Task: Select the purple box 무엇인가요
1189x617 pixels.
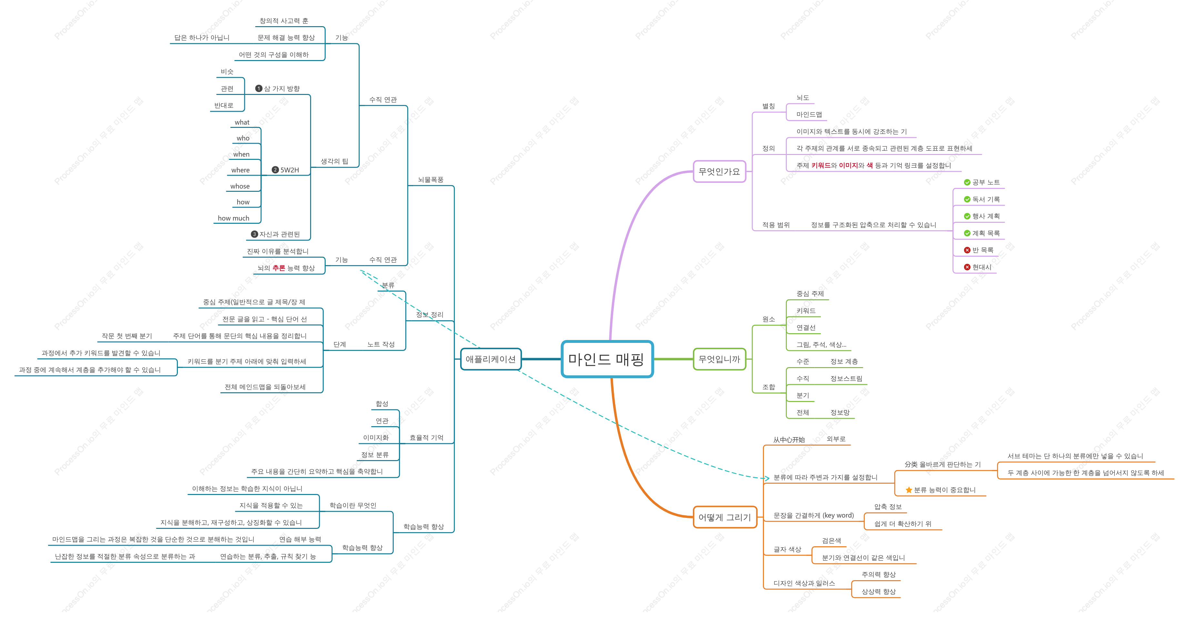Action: tap(719, 171)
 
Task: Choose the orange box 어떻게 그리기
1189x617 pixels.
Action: tap(725, 517)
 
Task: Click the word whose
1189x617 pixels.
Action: tap(240, 186)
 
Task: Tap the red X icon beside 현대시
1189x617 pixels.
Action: tap(967, 267)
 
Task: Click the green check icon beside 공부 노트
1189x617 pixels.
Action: tap(967, 182)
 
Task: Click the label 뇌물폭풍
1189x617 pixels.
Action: tap(431, 180)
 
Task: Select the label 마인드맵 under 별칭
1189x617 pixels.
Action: tap(809, 115)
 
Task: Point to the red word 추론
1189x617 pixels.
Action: tap(279, 268)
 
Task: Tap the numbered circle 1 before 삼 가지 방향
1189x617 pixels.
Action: tap(259, 88)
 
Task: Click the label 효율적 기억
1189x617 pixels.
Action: tap(426, 437)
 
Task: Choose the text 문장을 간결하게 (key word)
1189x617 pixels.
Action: tap(814, 515)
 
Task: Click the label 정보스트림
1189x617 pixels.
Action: tap(846, 378)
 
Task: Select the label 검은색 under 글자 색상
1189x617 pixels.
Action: tap(831, 540)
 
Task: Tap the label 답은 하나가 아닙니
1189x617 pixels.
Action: tap(202, 37)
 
